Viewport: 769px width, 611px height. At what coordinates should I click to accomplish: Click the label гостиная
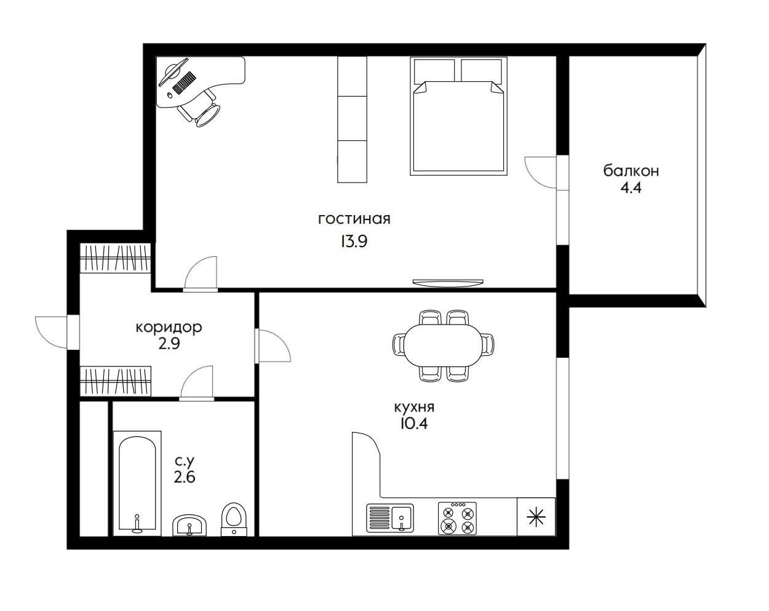[x=354, y=219]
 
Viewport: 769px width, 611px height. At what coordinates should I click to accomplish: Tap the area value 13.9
[x=354, y=242]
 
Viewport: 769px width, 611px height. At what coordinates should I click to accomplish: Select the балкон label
[x=631, y=171]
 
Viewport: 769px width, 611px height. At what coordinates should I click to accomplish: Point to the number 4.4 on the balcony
[x=631, y=188]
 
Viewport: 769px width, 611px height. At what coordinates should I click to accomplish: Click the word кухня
[x=414, y=407]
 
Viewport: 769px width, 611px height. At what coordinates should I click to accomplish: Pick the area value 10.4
[x=414, y=424]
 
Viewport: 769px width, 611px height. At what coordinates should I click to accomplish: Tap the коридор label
[x=169, y=328]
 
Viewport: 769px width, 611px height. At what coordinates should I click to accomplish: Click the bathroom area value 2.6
[x=185, y=477]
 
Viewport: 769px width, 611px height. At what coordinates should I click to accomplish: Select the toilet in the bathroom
[x=234, y=519]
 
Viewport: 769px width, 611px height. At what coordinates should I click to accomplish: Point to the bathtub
[x=137, y=483]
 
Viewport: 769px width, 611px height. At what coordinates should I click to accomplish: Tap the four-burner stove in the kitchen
[x=457, y=518]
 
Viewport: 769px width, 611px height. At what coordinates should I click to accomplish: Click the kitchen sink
[x=390, y=517]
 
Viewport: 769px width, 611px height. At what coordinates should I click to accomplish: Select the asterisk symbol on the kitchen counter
[x=536, y=517]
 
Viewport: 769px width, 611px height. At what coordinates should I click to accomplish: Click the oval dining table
[x=443, y=345]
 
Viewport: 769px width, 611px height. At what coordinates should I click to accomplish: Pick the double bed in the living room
[x=458, y=116]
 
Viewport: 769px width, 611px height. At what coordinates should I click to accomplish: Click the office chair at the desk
[x=202, y=108]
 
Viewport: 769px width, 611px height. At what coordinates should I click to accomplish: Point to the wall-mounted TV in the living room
[x=448, y=283]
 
